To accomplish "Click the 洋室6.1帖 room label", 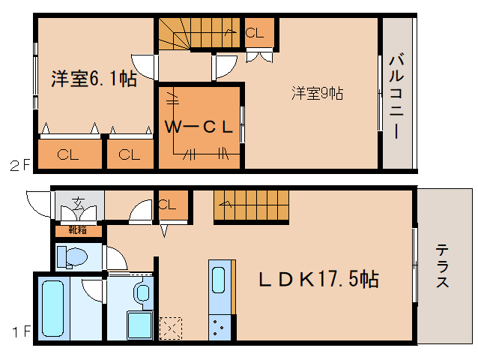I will coord(94,78).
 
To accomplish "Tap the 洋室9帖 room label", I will coord(317,94).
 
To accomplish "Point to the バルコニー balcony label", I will coord(397,95).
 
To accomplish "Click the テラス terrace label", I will coord(444,266).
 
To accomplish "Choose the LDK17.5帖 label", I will coord(318,280).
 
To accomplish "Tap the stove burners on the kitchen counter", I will coord(220,325).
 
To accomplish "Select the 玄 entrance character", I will coord(79,202).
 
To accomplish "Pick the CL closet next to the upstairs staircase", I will coord(255,33).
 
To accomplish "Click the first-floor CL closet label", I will coord(167,203).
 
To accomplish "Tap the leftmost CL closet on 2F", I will coord(68,155).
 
